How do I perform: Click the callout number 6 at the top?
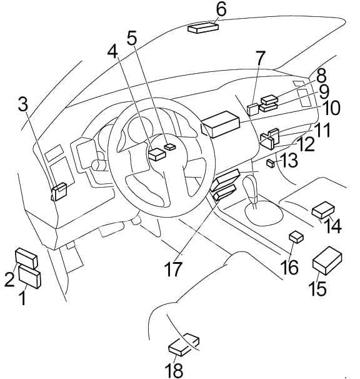click(221, 9)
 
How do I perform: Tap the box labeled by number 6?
click(203, 28)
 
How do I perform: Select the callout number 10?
click(331, 108)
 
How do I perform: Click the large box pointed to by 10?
click(220, 124)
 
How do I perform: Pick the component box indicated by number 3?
click(59, 191)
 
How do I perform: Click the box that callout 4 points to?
click(157, 154)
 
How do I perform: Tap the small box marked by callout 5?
click(170, 146)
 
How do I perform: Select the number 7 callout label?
click(260, 58)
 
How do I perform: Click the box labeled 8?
click(269, 99)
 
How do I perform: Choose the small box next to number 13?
click(271, 163)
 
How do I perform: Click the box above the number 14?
click(324, 209)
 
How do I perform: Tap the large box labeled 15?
click(327, 260)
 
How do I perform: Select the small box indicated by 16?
click(296, 236)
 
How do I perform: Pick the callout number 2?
click(9, 279)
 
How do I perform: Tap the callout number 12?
click(306, 144)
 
